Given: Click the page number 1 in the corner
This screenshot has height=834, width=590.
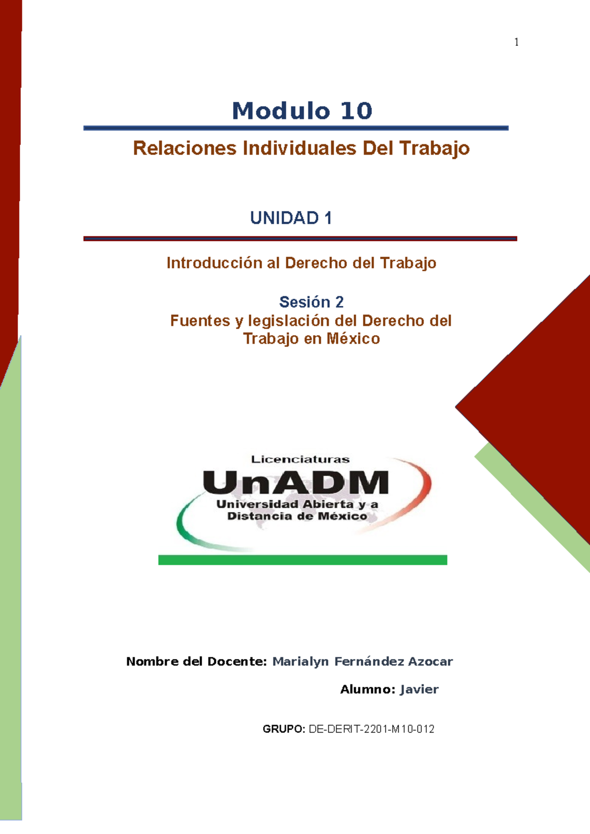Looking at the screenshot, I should (x=516, y=42).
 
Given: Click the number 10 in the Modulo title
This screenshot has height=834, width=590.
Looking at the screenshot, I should (x=356, y=111).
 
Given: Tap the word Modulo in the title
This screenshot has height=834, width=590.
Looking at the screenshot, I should (x=281, y=111).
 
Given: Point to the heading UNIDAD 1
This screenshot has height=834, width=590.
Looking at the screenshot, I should (x=291, y=218).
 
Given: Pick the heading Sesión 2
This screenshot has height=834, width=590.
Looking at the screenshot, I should (x=311, y=301).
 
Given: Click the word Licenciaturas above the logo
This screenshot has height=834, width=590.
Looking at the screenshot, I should (x=300, y=459).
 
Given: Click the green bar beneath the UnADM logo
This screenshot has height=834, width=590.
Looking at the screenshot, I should (x=302, y=560).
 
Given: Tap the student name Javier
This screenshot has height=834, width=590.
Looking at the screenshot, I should (x=419, y=689).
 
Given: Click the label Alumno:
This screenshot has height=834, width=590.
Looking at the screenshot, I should (x=368, y=689).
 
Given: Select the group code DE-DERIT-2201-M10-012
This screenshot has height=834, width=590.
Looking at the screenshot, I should (x=371, y=729).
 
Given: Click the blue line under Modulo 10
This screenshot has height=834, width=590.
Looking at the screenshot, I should (x=295, y=128).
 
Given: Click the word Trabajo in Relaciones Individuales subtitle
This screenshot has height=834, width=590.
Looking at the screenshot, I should (x=435, y=148).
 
